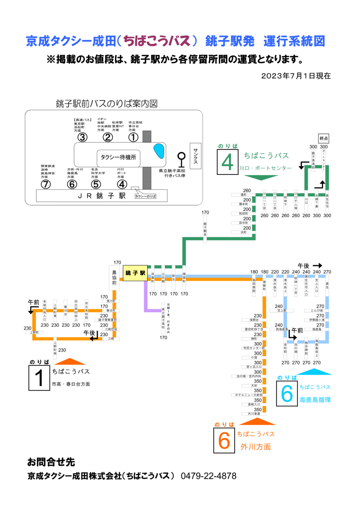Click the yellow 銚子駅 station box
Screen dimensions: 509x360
(x=135, y=273)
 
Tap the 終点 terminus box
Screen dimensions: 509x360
(x=324, y=138)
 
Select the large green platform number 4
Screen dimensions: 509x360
(x=228, y=162)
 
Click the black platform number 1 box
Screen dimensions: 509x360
(x=39, y=378)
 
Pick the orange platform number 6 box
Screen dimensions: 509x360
(x=224, y=440)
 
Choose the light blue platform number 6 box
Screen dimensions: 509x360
(x=287, y=393)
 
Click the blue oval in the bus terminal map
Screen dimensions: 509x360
(x=159, y=151)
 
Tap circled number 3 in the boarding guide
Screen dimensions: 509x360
(x=83, y=137)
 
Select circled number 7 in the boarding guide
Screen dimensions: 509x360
(x=45, y=184)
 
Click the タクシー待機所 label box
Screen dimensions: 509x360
(x=118, y=157)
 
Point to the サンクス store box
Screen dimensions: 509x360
(x=195, y=156)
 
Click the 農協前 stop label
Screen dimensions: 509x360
(x=114, y=278)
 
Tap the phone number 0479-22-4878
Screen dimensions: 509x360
(x=209, y=476)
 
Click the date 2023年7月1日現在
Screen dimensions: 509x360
(x=296, y=76)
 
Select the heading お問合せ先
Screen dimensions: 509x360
(x=51, y=462)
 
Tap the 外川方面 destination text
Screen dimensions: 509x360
(x=256, y=447)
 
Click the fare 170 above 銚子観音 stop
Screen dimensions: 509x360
(x=205, y=212)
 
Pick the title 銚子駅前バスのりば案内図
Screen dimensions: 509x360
(x=107, y=104)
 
